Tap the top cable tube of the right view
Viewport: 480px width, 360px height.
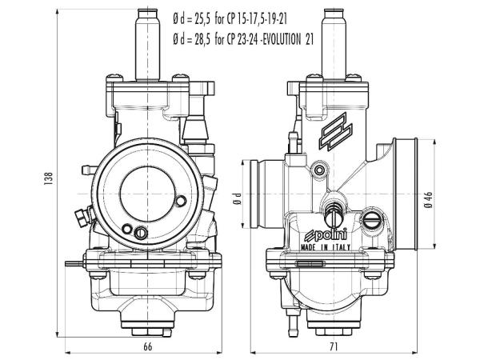331,40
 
